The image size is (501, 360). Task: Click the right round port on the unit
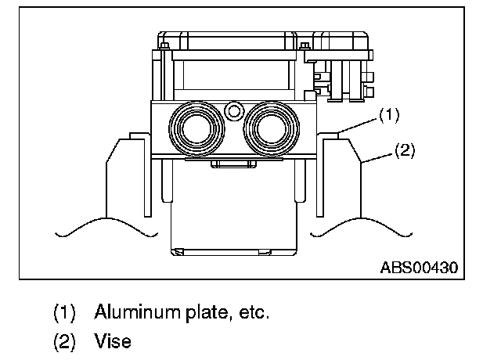269,126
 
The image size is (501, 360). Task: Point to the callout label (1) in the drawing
389,115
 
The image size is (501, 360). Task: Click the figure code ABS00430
419,267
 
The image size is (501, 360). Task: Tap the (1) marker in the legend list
64,313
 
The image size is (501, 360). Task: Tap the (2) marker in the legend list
64,341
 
